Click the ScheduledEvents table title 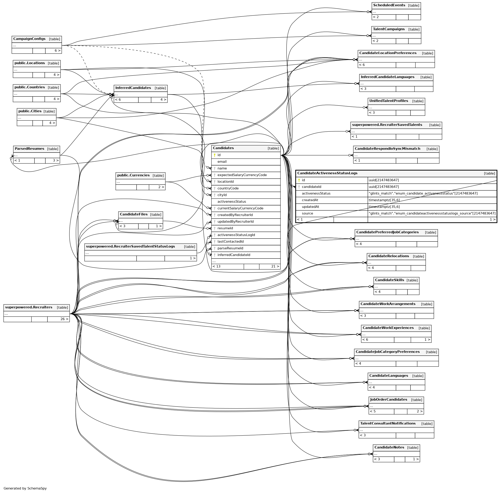click(x=389, y=5)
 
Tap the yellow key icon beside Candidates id click(x=214, y=155)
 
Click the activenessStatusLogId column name click(x=236, y=235)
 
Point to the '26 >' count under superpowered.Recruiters click(x=64, y=319)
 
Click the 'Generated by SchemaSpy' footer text click(x=25, y=488)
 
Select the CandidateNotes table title click(x=389, y=447)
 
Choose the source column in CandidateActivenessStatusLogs click(x=307, y=213)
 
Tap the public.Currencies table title click(x=133, y=175)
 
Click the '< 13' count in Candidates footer click(x=216, y=266)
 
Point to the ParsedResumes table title click(x=29, y=149)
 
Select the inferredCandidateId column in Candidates click(x=234, y=255)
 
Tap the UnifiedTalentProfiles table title click(x=388, y=101)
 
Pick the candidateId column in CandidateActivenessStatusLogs click(x=311, y=187)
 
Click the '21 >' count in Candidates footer click(x=275, y=266)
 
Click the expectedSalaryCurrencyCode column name click(x=242, y=175)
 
